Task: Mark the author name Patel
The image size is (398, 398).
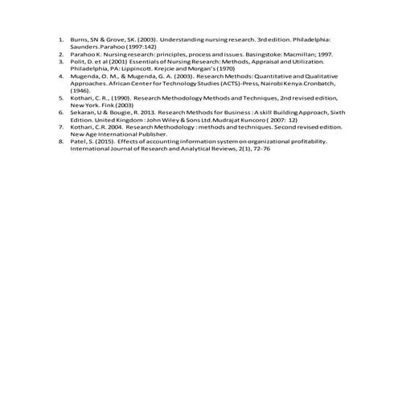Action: pos(79,141)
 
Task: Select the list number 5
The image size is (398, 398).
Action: pos(60,96)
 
